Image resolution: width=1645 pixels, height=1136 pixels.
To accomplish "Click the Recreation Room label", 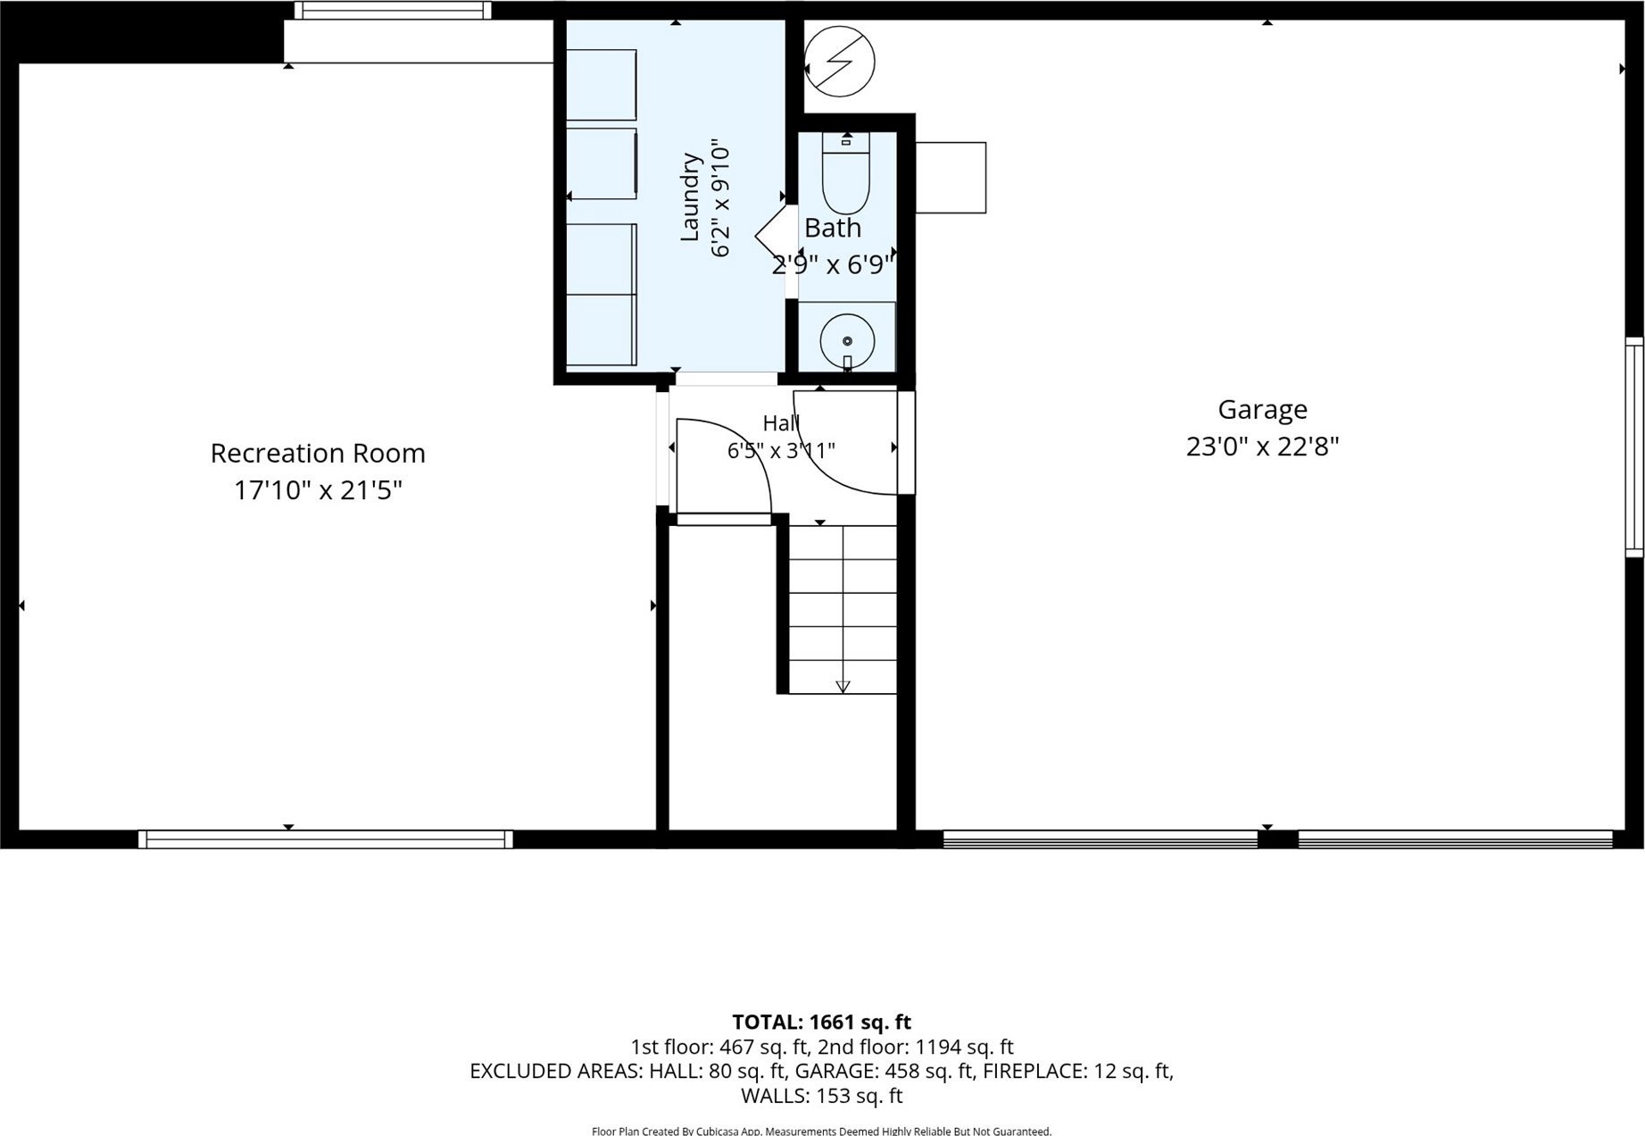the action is [x=318, y=453].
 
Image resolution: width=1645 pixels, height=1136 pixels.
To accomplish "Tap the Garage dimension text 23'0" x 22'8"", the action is [x=1262, y=447].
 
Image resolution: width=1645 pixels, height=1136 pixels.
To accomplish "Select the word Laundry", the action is [x=690, y=197].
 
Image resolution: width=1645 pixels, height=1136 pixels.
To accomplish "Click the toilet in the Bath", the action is [x=845, y=173].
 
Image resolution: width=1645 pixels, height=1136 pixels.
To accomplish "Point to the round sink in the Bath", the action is [x=847, y=340].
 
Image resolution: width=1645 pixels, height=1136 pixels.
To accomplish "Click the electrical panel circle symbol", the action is [x=839, y=62].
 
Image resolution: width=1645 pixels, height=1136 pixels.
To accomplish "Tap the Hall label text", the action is [x=781, y=423].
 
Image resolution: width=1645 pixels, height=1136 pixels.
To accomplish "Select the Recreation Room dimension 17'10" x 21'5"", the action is [x=318, y=490].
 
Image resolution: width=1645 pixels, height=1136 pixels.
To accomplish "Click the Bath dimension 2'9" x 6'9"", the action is [x=833, y=264].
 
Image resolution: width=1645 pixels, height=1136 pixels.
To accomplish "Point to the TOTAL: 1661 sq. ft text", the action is [x=821, y=1022].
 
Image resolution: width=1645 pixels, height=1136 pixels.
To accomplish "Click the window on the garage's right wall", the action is [x=1634, y=447].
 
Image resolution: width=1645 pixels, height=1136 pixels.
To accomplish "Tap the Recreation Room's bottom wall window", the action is [x=326, y=839].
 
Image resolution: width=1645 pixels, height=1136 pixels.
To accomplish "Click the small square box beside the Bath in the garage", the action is [x=951, y=178].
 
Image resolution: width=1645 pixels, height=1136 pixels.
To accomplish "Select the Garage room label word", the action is [x=1262, y=409].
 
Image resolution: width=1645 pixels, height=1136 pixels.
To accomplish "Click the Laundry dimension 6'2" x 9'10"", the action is [x=720, y=197].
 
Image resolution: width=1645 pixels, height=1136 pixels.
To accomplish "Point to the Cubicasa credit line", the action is [x=821, y=1131].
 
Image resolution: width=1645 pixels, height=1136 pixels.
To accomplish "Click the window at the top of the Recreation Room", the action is [x=393, y=11].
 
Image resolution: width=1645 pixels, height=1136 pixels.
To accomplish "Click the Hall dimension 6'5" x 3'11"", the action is [x=781, y=450].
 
